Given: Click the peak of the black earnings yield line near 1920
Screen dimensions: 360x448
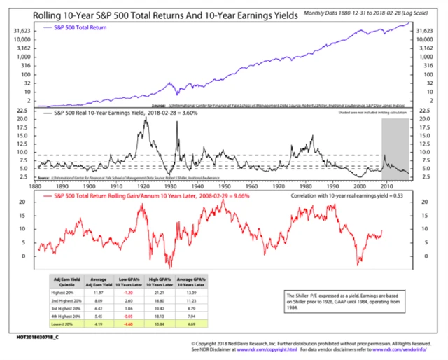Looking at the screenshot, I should coord(146,118).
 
